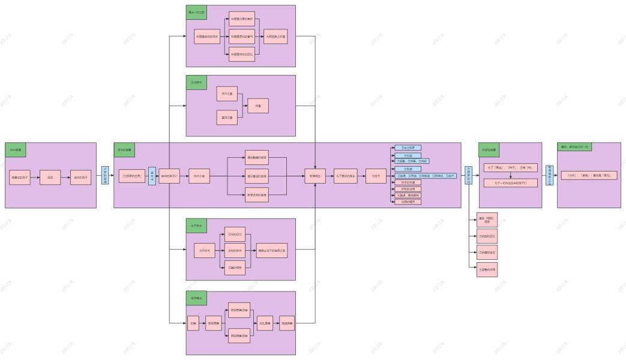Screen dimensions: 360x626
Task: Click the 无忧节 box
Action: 376,176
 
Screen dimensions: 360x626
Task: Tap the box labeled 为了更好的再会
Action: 346,176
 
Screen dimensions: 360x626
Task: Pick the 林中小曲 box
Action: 199,176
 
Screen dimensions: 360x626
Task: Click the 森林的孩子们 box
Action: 170,176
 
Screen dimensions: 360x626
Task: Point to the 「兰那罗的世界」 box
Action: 132,176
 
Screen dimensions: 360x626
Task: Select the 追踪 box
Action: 50,178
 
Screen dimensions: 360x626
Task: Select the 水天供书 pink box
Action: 204,250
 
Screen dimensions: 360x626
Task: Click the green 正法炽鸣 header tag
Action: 196,82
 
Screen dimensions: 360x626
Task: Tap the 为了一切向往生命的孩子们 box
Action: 510,182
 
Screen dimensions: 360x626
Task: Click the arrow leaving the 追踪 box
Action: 65,178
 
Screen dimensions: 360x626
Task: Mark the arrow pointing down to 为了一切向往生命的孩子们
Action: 510,175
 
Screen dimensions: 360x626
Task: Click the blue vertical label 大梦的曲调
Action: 105,175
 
